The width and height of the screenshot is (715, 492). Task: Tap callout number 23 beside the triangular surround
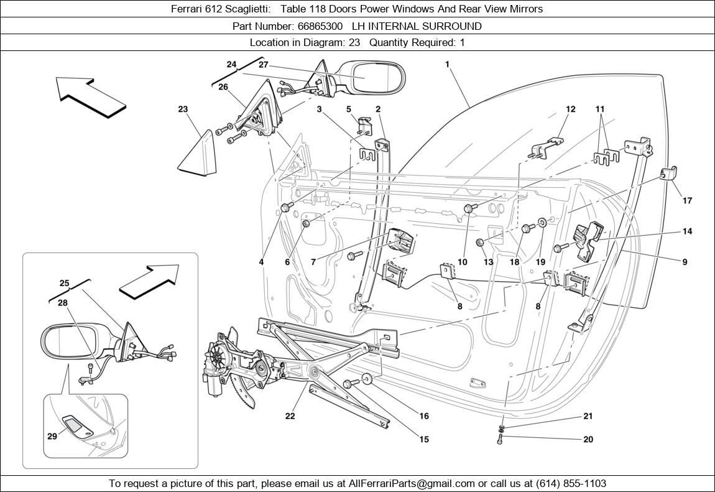click(x=183, y=109)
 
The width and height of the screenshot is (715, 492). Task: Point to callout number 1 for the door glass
click(x=447, y=64)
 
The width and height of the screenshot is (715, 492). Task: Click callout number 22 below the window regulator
click(x=290, y=416)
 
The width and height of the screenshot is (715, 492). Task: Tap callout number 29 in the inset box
click(x=52, y=436)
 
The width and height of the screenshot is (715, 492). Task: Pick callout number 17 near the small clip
click(x=687, y=201)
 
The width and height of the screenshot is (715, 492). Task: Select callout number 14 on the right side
click(x=687, y=231)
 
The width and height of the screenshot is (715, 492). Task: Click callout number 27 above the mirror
click(x=263, y=65)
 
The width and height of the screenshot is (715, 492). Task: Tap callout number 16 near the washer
click(x=424, y=416)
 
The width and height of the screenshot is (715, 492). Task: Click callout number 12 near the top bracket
click(x=570, y=109)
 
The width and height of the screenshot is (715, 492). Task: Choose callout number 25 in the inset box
click(x=64, y=283)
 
